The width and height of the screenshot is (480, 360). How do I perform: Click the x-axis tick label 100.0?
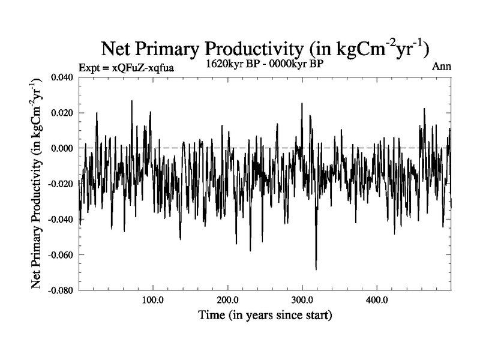[x=153, y=299]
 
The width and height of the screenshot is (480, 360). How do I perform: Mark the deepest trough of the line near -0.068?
[x=316, y=269]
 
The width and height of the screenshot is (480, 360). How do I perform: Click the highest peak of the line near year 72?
[x=132, y=101]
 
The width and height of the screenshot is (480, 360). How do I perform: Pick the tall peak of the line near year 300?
[x=302, y=104]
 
